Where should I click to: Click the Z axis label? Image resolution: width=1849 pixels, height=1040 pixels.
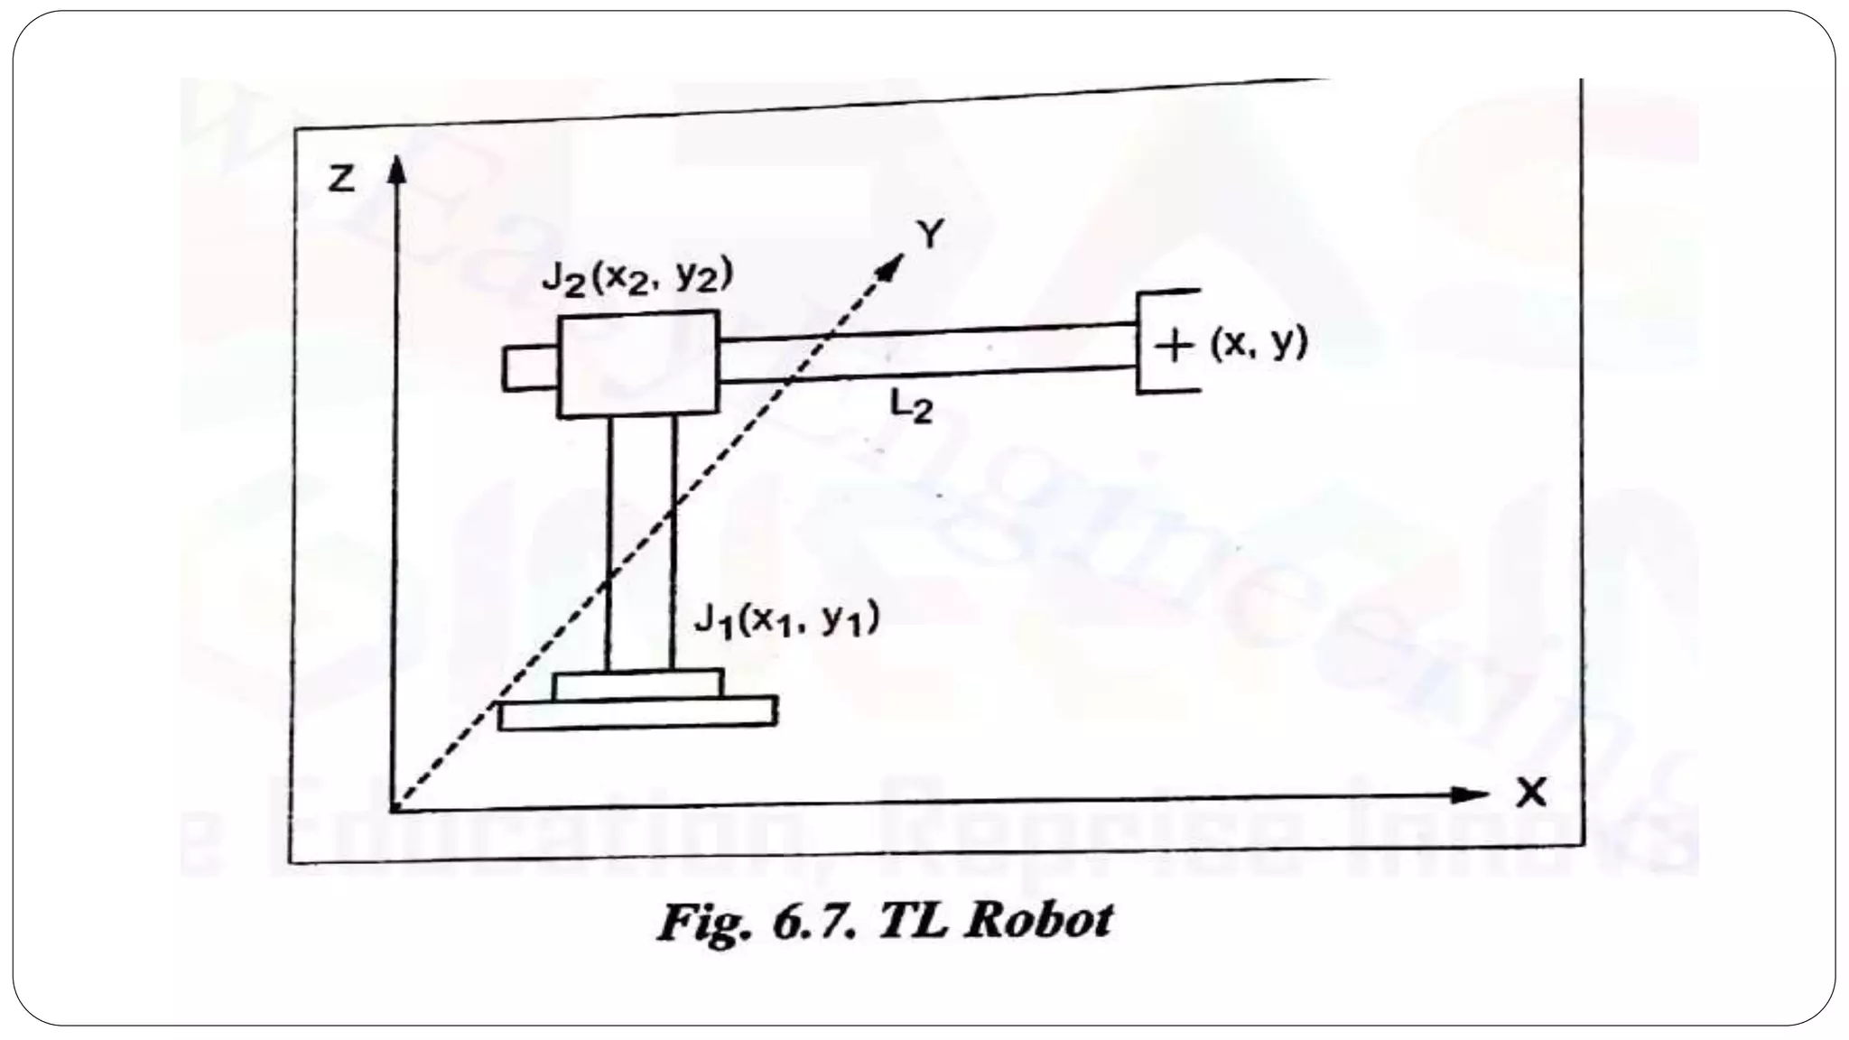coord(341,181)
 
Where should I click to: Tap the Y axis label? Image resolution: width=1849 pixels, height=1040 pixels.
coord(929,235)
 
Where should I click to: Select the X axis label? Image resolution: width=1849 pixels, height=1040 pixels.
coord(1531,794)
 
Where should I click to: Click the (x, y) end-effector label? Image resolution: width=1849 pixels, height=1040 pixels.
coord(1259,343)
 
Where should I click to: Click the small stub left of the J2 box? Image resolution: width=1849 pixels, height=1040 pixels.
coord(530,368)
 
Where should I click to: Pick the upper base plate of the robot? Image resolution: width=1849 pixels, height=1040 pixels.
coord(637,684)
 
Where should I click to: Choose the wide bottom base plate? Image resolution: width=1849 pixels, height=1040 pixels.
coord(637,712)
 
